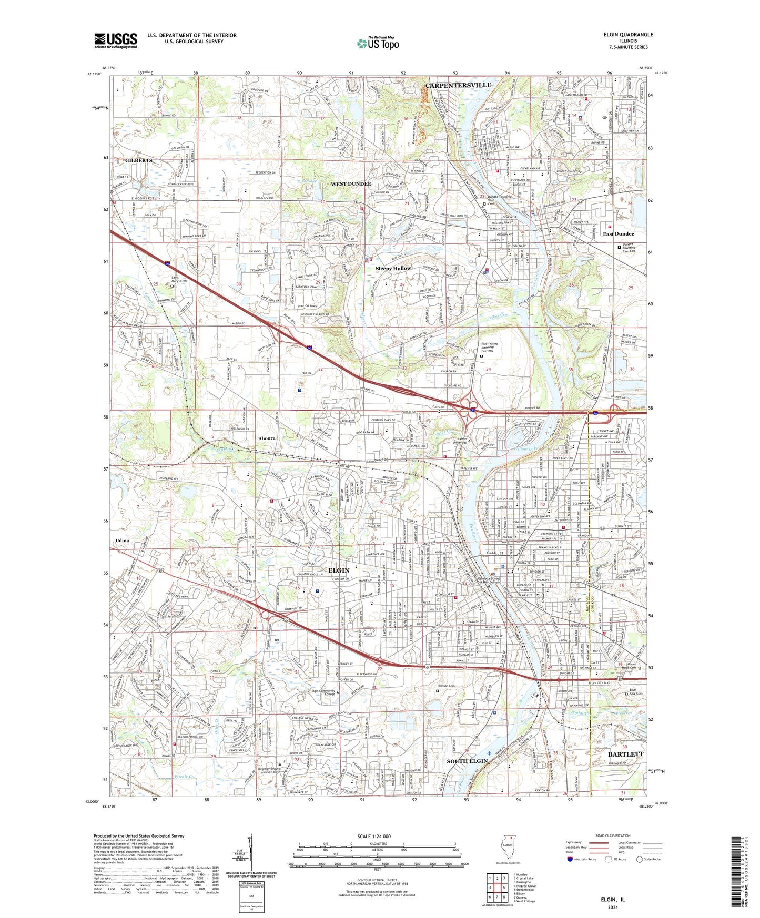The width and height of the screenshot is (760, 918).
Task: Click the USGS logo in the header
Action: point(116,40)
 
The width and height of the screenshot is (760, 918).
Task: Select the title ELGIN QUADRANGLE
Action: point(628,35)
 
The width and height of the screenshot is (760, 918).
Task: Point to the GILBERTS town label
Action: point(138,160)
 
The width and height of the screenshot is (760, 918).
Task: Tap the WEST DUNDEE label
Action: point(351,184)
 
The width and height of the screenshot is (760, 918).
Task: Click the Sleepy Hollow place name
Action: point(393,269)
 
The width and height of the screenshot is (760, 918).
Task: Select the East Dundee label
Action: point(618,234)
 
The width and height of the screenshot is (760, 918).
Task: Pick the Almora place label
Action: point(267,438)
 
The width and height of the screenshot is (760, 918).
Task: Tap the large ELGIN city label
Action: point(339,570)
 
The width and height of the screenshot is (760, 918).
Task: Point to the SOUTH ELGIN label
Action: point(468,761)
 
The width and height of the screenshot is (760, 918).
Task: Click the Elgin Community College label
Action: point(323,692)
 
